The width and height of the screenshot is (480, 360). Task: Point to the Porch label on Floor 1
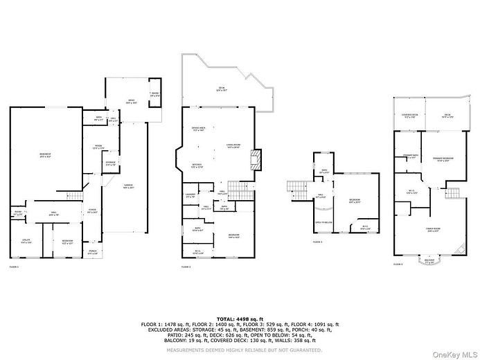click(x=93, y=252)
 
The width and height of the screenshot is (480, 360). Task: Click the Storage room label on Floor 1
click(x=109, y=164)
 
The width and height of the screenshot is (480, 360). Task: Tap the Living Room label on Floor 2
click(x=233, y=145)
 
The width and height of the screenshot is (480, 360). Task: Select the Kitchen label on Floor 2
click(x=197, y=165)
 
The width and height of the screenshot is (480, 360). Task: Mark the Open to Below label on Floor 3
click(x=323, y=222)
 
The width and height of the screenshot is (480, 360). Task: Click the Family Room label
click(x=434, y=231)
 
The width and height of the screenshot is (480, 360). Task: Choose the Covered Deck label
click(x=409, y=116)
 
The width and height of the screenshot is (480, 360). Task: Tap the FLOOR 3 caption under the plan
click(x=318, y=242)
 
